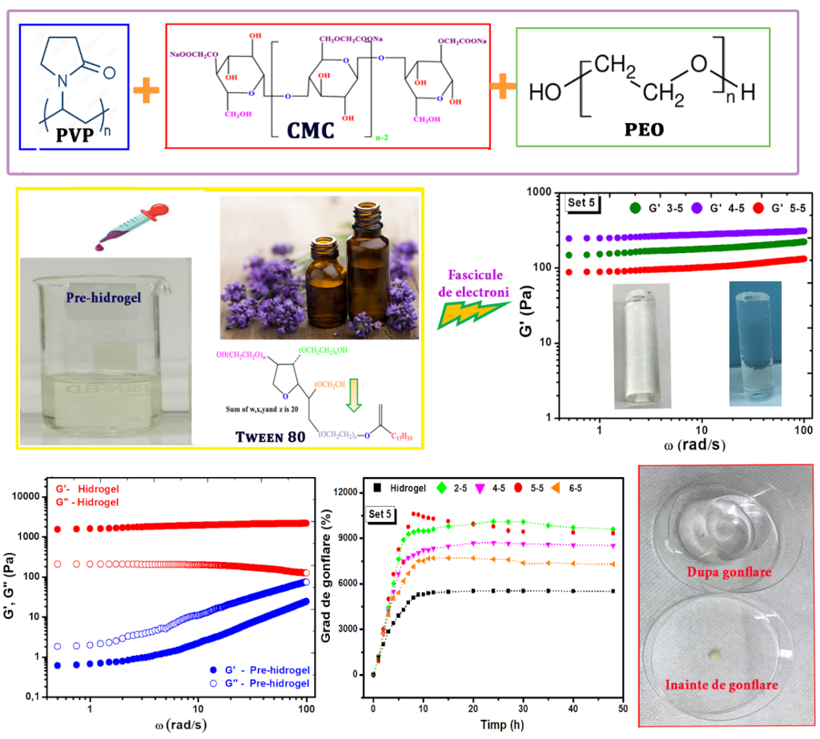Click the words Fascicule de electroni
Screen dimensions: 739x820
pos(480,283)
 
